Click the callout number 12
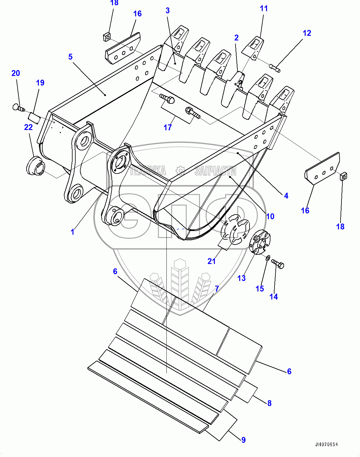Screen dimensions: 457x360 click(x=307, y=33)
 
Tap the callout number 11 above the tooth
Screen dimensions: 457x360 click(x=264, y=8)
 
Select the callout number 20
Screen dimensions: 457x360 click(x=16, y=73)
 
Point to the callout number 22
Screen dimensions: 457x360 click(x=28, y=127)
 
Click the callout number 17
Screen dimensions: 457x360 click(x=168, y=127)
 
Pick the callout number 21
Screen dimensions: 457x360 click(x=211, y=261)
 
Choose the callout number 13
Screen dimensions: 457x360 click(x=241, y=278)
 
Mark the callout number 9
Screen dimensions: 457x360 click(x=244, y=440)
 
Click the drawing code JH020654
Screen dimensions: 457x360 click(x=326, y=445)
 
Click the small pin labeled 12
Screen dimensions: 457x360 click(x=275, y=68)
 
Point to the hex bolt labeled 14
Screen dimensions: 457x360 click(x=278, y=264)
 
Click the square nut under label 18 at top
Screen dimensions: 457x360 click(x=107, y=37)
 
